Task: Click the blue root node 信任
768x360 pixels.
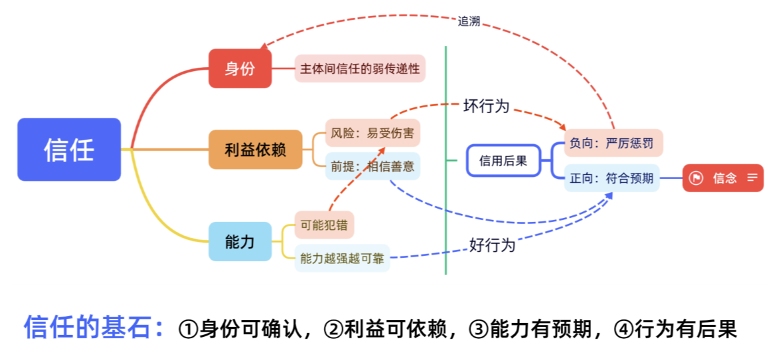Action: (69, 149)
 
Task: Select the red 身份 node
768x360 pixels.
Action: (240, 68)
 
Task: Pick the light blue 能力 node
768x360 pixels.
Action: (240, 242)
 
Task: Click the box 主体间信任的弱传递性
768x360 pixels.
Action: (360, 68)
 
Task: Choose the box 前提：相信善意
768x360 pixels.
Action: (372, 167)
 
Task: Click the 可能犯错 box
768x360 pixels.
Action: (324, 224)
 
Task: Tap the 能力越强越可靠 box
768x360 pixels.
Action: (342, 258)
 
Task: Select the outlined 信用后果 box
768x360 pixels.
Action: (503, 161)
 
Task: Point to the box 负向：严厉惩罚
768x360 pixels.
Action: (613, 143)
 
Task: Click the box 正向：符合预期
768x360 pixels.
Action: (611, 178)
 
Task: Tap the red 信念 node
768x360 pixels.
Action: (723, 178)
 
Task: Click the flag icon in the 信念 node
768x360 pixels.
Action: (696, 178)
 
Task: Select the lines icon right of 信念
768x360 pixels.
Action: (752, 178)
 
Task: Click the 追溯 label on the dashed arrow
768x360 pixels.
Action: (469, 21)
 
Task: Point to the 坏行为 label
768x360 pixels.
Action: (486, 106)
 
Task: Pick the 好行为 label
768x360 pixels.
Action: (492, 245)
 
